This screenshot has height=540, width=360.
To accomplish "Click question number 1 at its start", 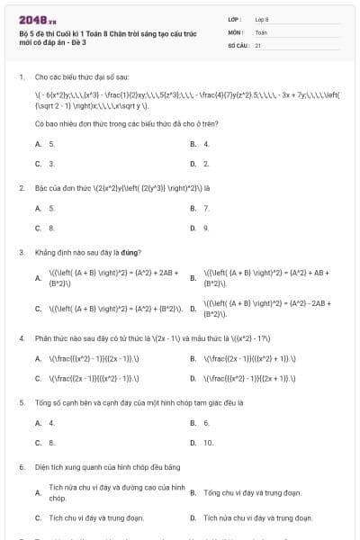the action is pos(21,77).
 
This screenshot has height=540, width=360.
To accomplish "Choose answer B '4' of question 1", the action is pos(206,144).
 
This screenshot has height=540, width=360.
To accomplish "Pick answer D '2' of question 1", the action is pos(206,164).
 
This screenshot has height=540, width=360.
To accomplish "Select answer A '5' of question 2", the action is pos(50,208).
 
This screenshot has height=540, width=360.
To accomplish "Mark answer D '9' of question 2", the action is pos(206,228).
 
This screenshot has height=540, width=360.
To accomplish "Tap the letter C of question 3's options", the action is pos(38,309).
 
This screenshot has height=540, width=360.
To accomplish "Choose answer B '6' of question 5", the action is pos(206,422).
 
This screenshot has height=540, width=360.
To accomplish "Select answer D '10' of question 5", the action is pos(208,442).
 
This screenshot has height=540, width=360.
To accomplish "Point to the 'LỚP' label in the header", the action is pos(235,18).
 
